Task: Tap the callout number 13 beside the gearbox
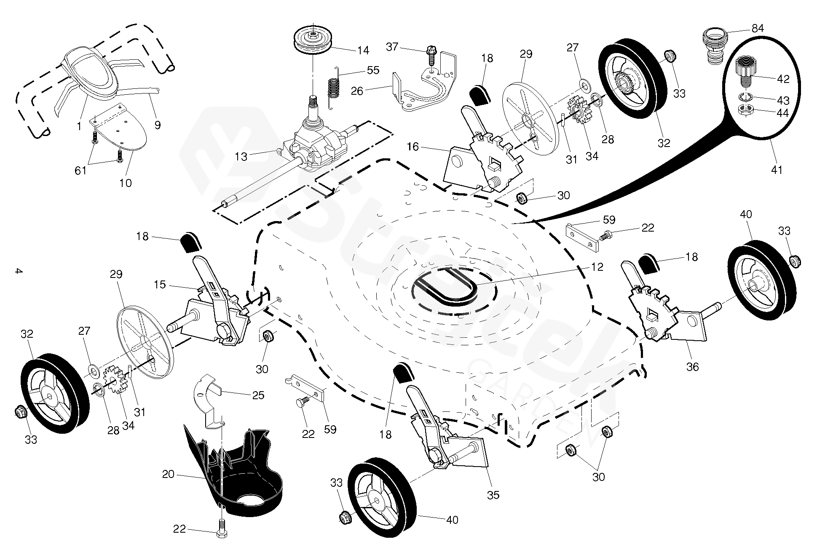pos(241,157)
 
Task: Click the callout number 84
pos(758,29)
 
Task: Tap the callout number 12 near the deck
pos(597,267)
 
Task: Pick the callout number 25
pos(258,395)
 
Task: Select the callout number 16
pos(413,147)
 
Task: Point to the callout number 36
pos(692,367)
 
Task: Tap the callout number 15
pos(160,285)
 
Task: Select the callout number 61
pos(80,170)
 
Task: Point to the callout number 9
pos(158,125)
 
